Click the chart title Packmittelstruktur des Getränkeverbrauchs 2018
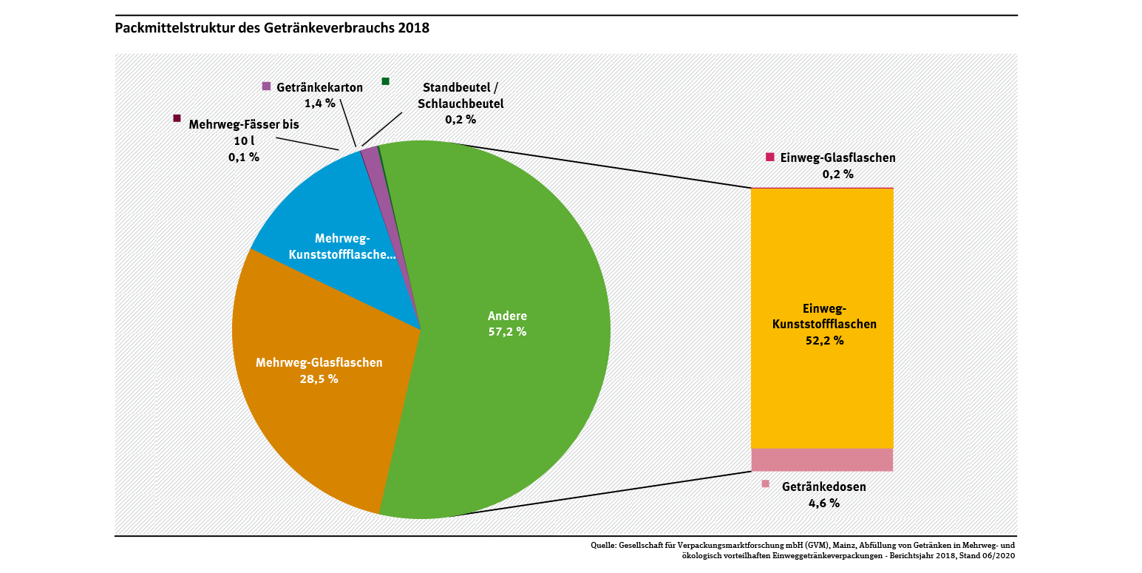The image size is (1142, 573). pos(272,29)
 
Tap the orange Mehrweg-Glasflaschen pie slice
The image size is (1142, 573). pos(310,414)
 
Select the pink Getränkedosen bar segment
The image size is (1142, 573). pos(822,460)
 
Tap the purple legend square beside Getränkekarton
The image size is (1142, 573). pos(267,87)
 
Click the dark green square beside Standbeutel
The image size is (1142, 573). pos(385,81)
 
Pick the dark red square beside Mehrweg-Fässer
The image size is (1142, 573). pos(177,118)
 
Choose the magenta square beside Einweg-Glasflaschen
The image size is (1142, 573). pos(769,157)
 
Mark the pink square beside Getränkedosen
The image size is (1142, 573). pos(765,484)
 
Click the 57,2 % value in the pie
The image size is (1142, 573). pos(507,332)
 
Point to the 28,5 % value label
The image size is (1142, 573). pos(319,379)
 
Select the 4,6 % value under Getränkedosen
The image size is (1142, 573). pos(824,503)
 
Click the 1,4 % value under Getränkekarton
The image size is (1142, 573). pos(320,103)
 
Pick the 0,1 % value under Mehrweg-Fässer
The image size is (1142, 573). pos(244,157)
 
